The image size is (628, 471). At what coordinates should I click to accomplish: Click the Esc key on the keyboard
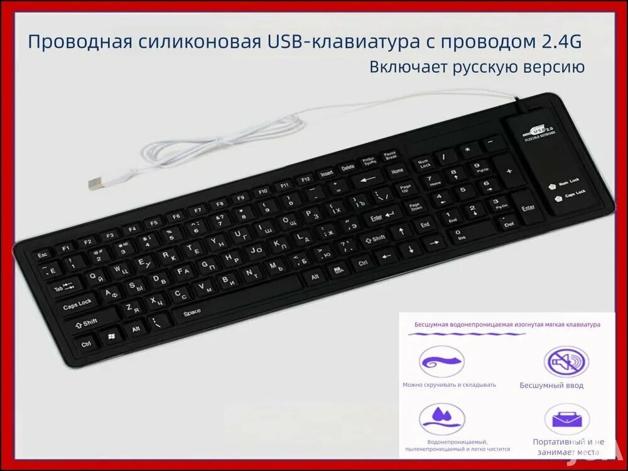(x=43, y=254)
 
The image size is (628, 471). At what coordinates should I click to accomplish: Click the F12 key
(x=306, y=180)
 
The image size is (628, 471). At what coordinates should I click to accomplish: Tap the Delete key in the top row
(x=347, y=168)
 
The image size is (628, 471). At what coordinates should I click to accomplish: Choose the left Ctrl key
(x=87, y=344)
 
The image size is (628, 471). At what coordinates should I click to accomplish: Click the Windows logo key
(x=111, y=337)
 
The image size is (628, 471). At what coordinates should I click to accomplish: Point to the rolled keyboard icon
(x=442, y=362)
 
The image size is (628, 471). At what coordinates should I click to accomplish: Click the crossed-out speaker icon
(x=566, y=362)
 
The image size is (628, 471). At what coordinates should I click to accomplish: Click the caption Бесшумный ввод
(x=551, y=385)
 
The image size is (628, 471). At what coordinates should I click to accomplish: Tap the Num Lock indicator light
(x=553, y=186)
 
